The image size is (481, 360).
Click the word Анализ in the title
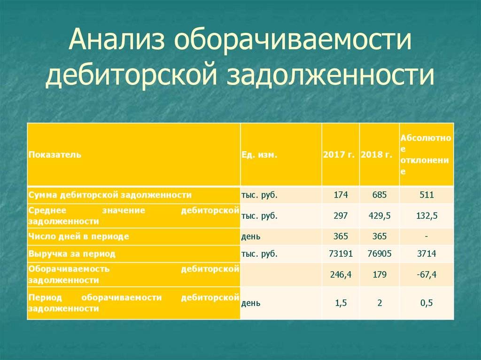[x=116, y=40]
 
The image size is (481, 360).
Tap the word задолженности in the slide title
[x=330, y=75]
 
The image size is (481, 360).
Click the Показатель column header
[x=54, y=154]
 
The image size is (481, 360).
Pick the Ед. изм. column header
[x=259, y=154]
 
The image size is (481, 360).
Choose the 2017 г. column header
[x=339, y=154]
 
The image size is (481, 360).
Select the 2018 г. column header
[x=377, y=154]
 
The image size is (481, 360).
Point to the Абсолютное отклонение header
[x=426, y=154]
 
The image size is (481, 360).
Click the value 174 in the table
[x=341, y=195]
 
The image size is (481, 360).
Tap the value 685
[x=380, y=195]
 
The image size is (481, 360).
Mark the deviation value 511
[x=427, y=195]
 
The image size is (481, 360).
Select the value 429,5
[x=380, y=216]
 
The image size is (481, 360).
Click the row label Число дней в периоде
[x=78, y=237]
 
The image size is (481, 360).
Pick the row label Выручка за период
[x=72, y=254]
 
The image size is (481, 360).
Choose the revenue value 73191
[x=341, y=253]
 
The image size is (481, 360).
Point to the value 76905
[x=380, y=253]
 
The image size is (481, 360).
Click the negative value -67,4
[x=427, y=275]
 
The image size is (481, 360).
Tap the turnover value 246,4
[x=341, y=275]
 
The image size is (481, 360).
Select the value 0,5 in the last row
[x=427, y=303]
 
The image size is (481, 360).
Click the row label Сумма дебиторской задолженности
[x=110, y=195]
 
